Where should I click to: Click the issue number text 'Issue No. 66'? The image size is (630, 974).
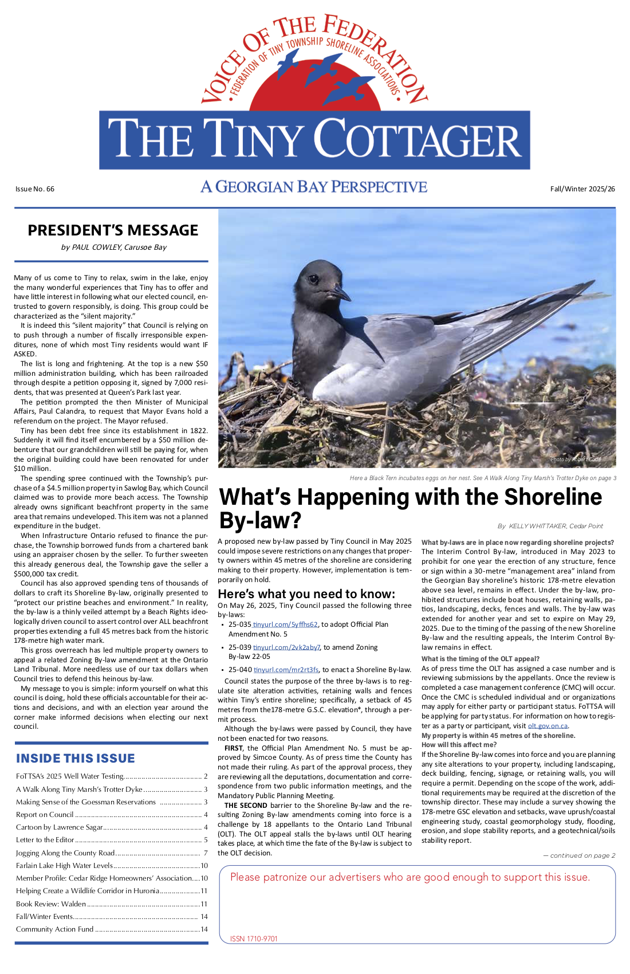point(35,189)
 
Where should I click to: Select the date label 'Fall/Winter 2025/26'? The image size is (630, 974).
point(582,189)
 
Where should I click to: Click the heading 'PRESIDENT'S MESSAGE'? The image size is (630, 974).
point(113,230)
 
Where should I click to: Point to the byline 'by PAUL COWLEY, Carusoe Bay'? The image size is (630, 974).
point(113,248)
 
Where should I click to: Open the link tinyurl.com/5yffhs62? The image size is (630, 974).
point(286,625)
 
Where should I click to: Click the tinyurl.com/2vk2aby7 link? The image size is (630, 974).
point(286,647)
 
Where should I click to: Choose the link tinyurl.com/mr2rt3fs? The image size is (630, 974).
point(286,670)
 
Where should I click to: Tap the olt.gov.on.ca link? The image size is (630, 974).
point(548,726)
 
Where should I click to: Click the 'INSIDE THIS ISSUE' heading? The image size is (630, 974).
point(76,759)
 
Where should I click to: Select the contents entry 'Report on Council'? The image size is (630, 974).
point(45,815)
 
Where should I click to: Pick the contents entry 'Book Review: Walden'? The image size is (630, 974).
point(51,904)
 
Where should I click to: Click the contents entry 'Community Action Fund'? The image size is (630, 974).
point(54,929)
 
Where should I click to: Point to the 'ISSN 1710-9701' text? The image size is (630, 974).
point(254,939)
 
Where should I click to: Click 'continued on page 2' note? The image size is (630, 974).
point(580,855)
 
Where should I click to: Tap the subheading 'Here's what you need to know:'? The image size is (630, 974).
point(306,594)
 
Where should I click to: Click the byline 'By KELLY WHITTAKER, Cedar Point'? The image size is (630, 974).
point(550,526)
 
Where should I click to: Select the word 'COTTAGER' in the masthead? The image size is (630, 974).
point(418,140)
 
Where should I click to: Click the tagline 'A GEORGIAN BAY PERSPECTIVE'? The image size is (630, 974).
point(314,187)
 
